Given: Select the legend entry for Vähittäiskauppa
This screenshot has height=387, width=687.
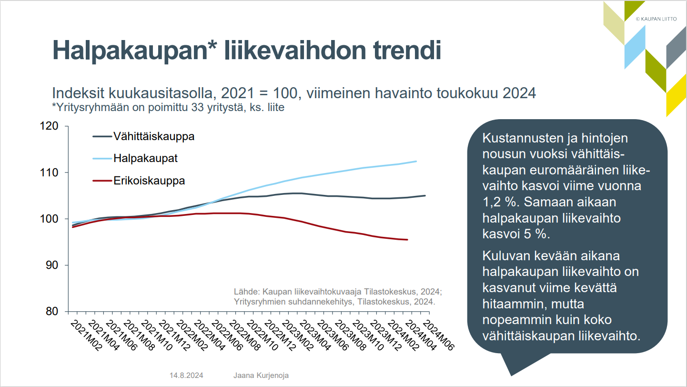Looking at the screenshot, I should [x=153, y=136].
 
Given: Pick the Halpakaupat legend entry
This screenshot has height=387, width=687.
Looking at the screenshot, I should [x=145, y=158].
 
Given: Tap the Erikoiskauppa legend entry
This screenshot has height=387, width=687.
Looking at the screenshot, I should [x=149, y=181].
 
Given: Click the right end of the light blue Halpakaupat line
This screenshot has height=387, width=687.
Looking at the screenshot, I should [x=416, y=161].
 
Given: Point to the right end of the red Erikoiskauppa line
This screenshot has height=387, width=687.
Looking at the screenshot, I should [x=407, y=240].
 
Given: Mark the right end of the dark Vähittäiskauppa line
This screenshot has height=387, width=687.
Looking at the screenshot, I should [x=425, y=195].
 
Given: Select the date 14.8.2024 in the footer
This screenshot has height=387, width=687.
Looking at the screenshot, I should [x=186, y=375].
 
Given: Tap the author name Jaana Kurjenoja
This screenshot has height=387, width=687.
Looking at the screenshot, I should [x=261, y=375].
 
